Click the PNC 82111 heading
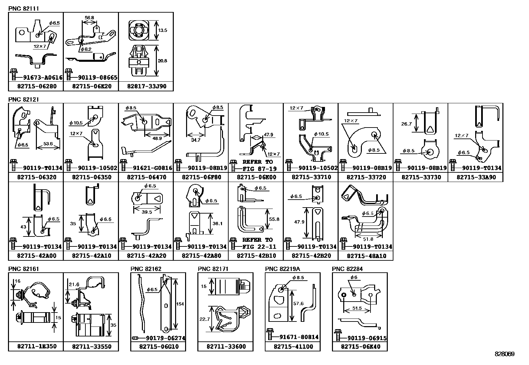(x=24, y=9)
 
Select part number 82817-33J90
(x=147, y=86)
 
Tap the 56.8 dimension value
(x=89, y=18)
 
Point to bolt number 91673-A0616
(x=43, y=77)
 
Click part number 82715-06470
(x=147, y=177)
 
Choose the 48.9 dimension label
(x=157, y=138)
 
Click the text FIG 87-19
(x=260, y=169)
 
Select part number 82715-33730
(x=421, y=177)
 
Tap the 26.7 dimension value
(x=406, y=124)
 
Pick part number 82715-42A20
(x=147, y=256)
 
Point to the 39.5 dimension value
(x=147, y=212)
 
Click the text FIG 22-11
(x=259, y=247)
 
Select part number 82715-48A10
(x=367, y=256)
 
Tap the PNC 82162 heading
(x=146, y=269)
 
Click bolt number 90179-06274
(x=165, y=338)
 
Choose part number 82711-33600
(x=226, y=346)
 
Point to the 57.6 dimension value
(x=298, y=303)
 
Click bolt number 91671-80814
(x=299, y=337)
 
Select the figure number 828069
(x=505, y=354)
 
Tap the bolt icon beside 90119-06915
(x=338, y=335)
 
